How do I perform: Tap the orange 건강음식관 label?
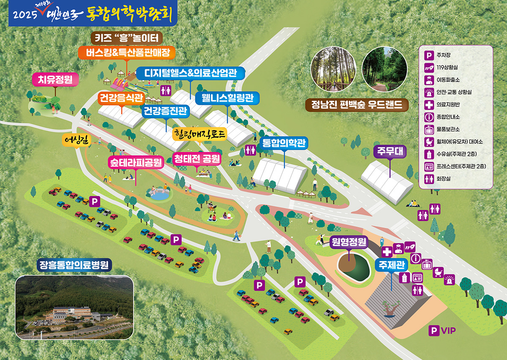click(x=121, y=98)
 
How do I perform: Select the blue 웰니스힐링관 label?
click(x=227, y=98)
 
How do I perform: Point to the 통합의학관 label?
click(x=284, y=143)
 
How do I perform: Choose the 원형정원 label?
click(x=349, y=242)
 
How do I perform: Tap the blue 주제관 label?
click(x=391, y=265)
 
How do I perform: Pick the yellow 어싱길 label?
click(x=76, y=140)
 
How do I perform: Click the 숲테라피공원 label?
click(x=136, y=163)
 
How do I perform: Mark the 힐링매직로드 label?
click(x=200, y=134)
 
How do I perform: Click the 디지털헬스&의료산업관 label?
click(x=190, y=73)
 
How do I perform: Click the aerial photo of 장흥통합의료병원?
click(x=74, y=307)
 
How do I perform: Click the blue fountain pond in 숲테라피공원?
click(x=159, y=195)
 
